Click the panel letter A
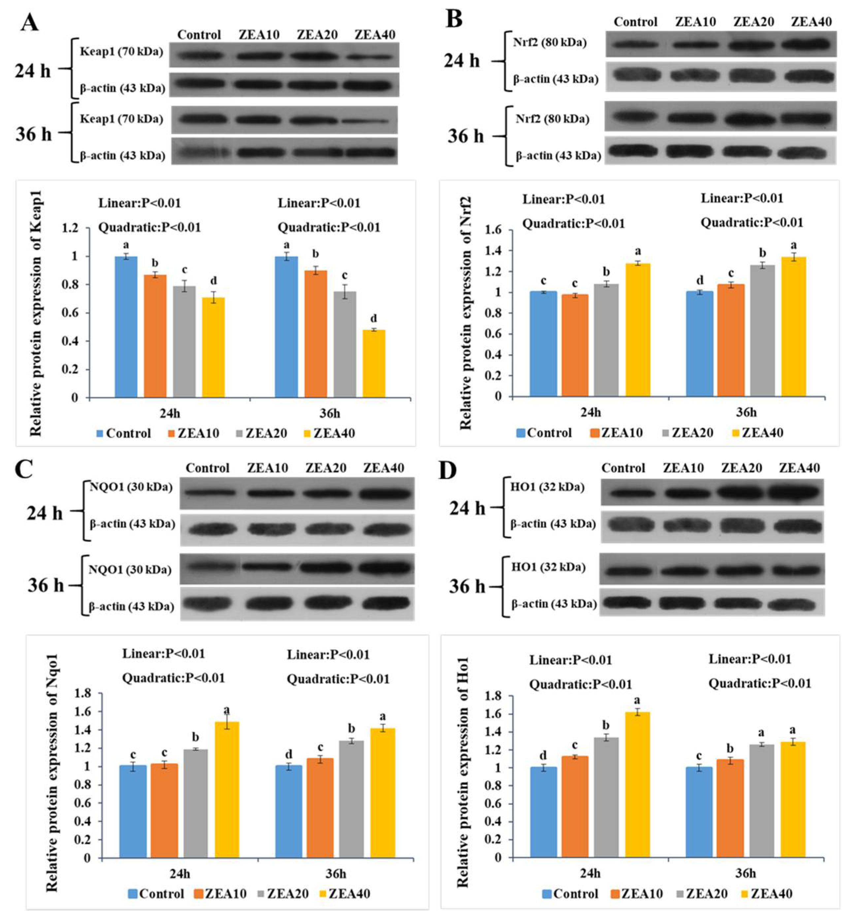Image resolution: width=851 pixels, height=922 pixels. [29, 22]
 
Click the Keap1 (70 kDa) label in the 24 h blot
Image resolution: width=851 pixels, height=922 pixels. [121, 51]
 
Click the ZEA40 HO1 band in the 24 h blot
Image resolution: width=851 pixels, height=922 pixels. [794, 493]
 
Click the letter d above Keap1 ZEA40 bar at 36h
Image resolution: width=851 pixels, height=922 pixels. [374, 318]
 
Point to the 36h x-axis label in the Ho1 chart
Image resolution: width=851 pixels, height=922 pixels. [745, 873]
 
